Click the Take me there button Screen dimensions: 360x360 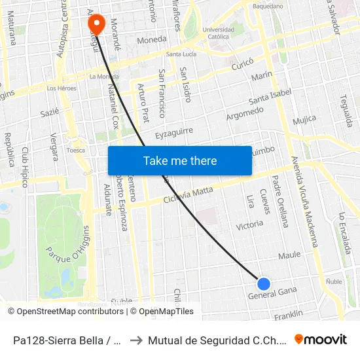coord(180,160)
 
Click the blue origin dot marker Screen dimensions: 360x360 coord(264,283)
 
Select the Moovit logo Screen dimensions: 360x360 coord(320,339)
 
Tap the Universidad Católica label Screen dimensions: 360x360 coord(218,33)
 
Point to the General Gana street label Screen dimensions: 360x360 coord(272,293)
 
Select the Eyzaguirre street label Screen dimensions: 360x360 coord(174,134)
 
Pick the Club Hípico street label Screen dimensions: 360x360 coord(26,167)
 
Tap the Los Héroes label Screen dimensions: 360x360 coord(62,88)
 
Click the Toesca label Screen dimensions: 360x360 coord(76,150)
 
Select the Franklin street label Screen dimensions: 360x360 coord(289,315)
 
